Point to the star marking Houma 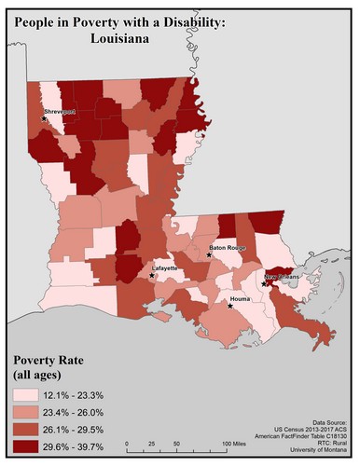point(230,305)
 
